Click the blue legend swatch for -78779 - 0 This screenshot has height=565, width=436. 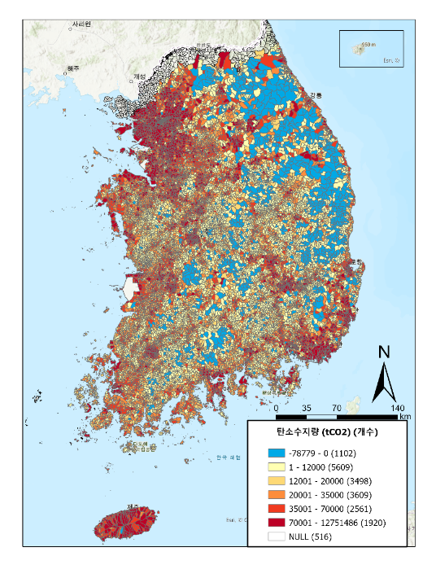click(276, 453)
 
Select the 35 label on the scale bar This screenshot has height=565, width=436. click(307, 408)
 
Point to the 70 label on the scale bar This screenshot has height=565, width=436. click(337, 408)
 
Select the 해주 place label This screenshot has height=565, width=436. click(73, 68)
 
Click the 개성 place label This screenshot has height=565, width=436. click(139, 77)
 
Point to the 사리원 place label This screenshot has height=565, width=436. click(81, 25)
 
